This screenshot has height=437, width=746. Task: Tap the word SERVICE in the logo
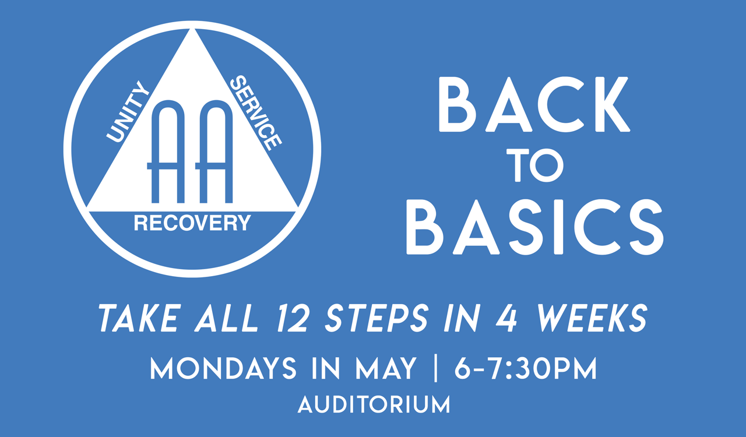[x=256, y=113]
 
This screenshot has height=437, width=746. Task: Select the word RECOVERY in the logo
[x=192, y=223]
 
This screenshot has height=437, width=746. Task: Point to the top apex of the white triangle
[x=192, y=29]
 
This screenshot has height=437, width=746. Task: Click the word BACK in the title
[x=534, y=104]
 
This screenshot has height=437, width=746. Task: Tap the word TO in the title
[x=535, y=165]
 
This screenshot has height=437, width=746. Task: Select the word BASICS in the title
[x=535, y=227]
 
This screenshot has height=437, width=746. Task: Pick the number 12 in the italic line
[x=292, y=318]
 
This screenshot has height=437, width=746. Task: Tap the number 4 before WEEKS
[x=506, y=318]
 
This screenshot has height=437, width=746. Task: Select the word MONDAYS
[x=223, y=368]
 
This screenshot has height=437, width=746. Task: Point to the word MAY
[x=386, y=368]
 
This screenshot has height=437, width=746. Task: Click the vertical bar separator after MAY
[x=435, y=368]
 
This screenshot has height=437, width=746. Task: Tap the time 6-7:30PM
[x=526, y=368]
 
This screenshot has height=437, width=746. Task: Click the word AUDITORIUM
[x=374, y=405]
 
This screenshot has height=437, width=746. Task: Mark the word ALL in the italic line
[x=227, y=318]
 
